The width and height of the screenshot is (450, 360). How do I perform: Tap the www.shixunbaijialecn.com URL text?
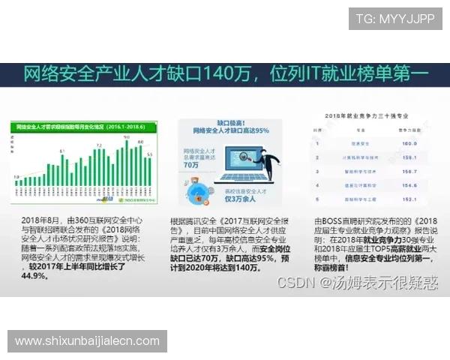pos(87,341)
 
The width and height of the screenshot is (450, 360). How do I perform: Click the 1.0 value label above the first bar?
pos(17,177)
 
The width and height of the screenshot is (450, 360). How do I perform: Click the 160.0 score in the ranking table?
pos(409,143)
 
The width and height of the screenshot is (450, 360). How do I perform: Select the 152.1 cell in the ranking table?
pos(409,199)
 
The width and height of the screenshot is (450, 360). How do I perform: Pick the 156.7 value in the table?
pos(409,172)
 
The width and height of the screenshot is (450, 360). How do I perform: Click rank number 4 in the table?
pos(318,185)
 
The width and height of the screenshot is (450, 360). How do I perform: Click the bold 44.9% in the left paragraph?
pos(33,275)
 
